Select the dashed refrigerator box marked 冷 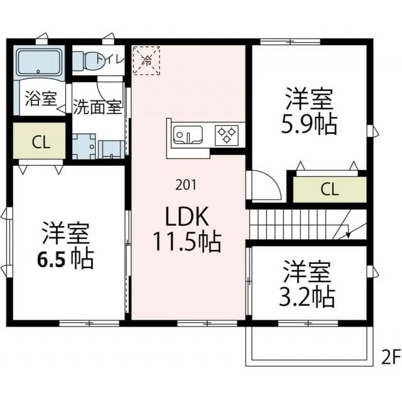point(147,61)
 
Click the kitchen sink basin point(186,134)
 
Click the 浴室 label point(41,100)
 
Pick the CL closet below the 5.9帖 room point(327,188)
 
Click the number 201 point(185,185)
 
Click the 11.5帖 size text point(187,241)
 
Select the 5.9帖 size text point(308,124)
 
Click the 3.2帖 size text point(306,295)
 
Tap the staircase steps point(295,224)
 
